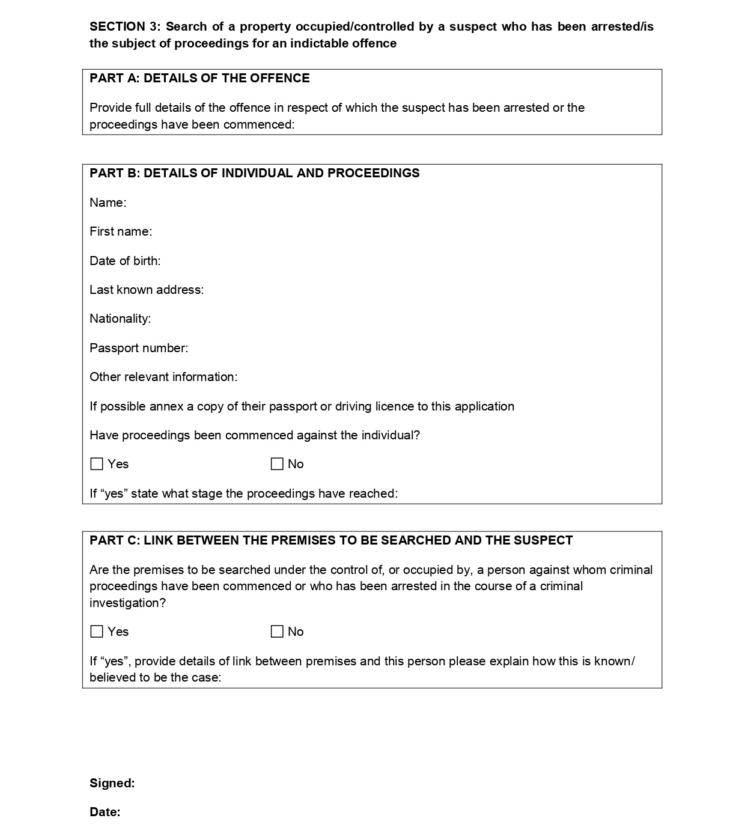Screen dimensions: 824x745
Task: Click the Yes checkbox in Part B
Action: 97,464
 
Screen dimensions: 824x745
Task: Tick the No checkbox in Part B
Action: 277,464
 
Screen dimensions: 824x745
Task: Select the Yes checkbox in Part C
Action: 97,632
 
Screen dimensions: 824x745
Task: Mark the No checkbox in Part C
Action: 277,632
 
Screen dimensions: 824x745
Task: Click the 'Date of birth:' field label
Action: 125,261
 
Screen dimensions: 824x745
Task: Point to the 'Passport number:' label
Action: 139,348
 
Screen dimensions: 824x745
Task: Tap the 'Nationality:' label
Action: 120,319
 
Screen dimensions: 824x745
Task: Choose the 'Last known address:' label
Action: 147,290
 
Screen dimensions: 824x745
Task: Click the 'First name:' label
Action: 121,231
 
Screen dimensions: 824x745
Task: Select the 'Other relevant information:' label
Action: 163,377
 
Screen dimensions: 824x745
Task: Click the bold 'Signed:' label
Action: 112,783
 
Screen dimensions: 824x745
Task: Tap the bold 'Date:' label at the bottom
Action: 105,812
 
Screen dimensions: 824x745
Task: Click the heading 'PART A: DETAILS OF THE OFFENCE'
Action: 199,78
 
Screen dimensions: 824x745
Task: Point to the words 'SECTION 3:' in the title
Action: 125,26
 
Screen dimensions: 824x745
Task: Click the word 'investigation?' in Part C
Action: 127,603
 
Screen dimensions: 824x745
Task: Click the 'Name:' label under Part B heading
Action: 108,203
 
